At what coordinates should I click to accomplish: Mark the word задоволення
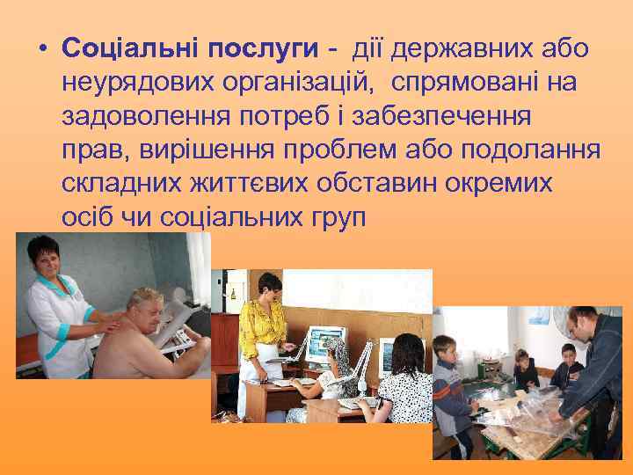tap(151, 117)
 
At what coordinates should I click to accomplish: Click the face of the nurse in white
tap(43, 257)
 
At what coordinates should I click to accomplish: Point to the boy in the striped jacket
tap(450, 387)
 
